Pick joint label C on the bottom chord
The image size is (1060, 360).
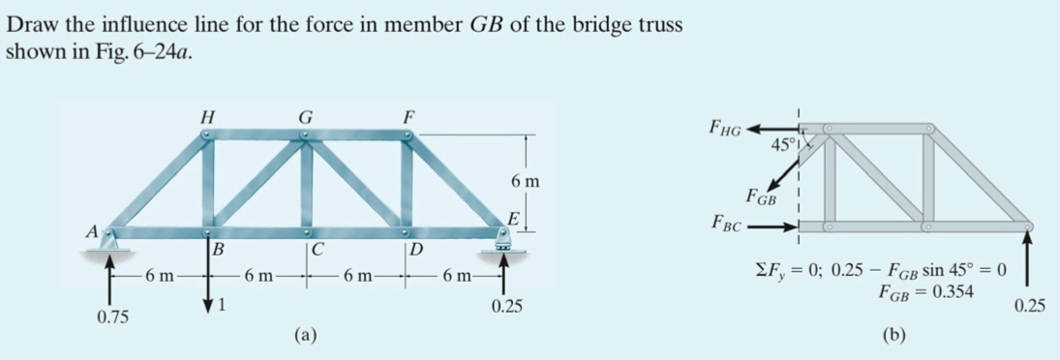coord(317,250)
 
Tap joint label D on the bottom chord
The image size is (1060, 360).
coord(416,250)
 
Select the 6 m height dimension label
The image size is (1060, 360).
coord(525,181)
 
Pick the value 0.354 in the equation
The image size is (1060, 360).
coord(953,290)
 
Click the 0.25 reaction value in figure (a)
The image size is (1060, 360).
coord(506,308)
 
